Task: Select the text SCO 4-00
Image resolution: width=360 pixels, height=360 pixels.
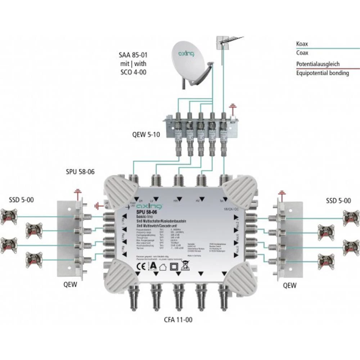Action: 134,72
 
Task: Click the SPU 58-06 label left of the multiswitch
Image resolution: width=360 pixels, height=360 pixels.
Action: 80,172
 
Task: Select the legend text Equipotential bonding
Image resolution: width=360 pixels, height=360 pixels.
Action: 322,73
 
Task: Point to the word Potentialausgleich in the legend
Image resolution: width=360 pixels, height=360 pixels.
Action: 318,64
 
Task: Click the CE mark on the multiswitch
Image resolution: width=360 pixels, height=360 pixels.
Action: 138,267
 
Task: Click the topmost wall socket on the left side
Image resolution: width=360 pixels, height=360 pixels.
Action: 8,216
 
